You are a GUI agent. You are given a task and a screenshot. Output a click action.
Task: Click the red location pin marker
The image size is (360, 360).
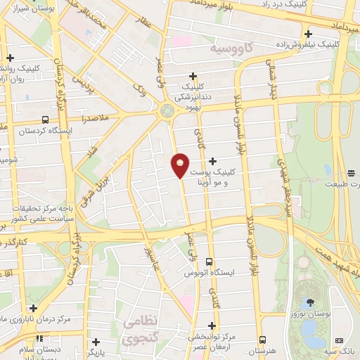180,165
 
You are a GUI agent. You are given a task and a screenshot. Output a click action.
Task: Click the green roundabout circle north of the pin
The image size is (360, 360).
167,110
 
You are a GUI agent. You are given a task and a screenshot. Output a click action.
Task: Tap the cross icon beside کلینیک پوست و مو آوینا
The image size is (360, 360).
212,162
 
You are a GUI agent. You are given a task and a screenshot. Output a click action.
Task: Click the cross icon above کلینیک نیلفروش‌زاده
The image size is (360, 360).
308,33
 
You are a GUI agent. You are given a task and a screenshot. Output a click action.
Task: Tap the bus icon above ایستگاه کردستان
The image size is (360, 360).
45,120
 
